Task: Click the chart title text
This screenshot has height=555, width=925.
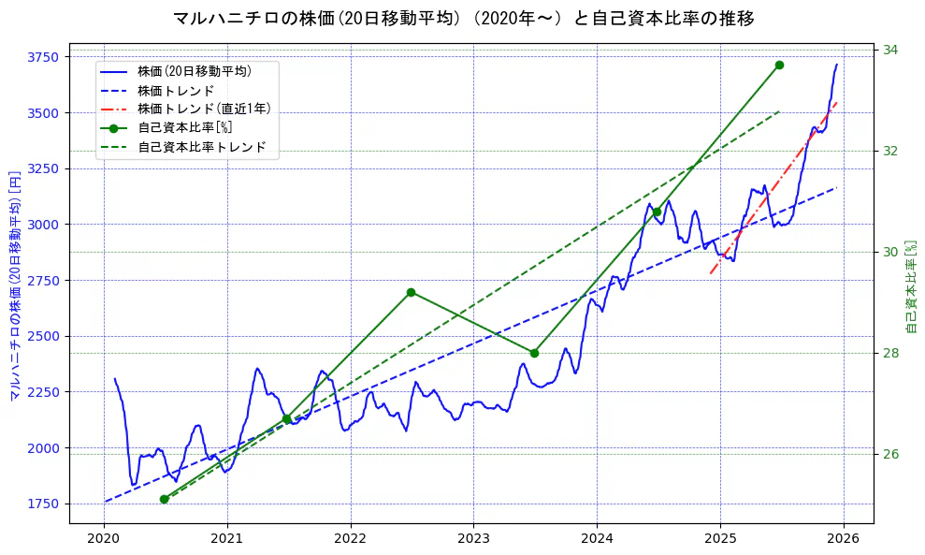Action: click(x=464, y=19)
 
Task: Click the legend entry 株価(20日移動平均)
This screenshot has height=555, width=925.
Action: click(x=194, y=70)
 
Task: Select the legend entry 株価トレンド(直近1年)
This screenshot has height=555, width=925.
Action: click(x=204, y=109)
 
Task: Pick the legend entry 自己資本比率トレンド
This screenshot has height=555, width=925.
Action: click(x=201, y=147)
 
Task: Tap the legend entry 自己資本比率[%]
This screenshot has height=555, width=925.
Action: click(x=184, y=128)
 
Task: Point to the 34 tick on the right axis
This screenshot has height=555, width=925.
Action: click(x=890, y=50)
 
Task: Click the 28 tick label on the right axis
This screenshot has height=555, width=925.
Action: click(x=890, y=353)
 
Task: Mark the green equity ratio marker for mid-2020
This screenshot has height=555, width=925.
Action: click(x=164, y=499)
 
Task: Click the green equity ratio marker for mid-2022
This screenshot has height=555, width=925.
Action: click(x=411, y=292)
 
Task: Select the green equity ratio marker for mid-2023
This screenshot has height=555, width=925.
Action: click(x=534, y=353)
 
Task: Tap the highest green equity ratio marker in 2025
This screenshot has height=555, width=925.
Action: click(x=779, y=65)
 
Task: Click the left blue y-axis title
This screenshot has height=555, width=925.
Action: click(x=15, y=285)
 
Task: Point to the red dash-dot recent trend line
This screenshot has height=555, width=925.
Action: click(x=776, y=187)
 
